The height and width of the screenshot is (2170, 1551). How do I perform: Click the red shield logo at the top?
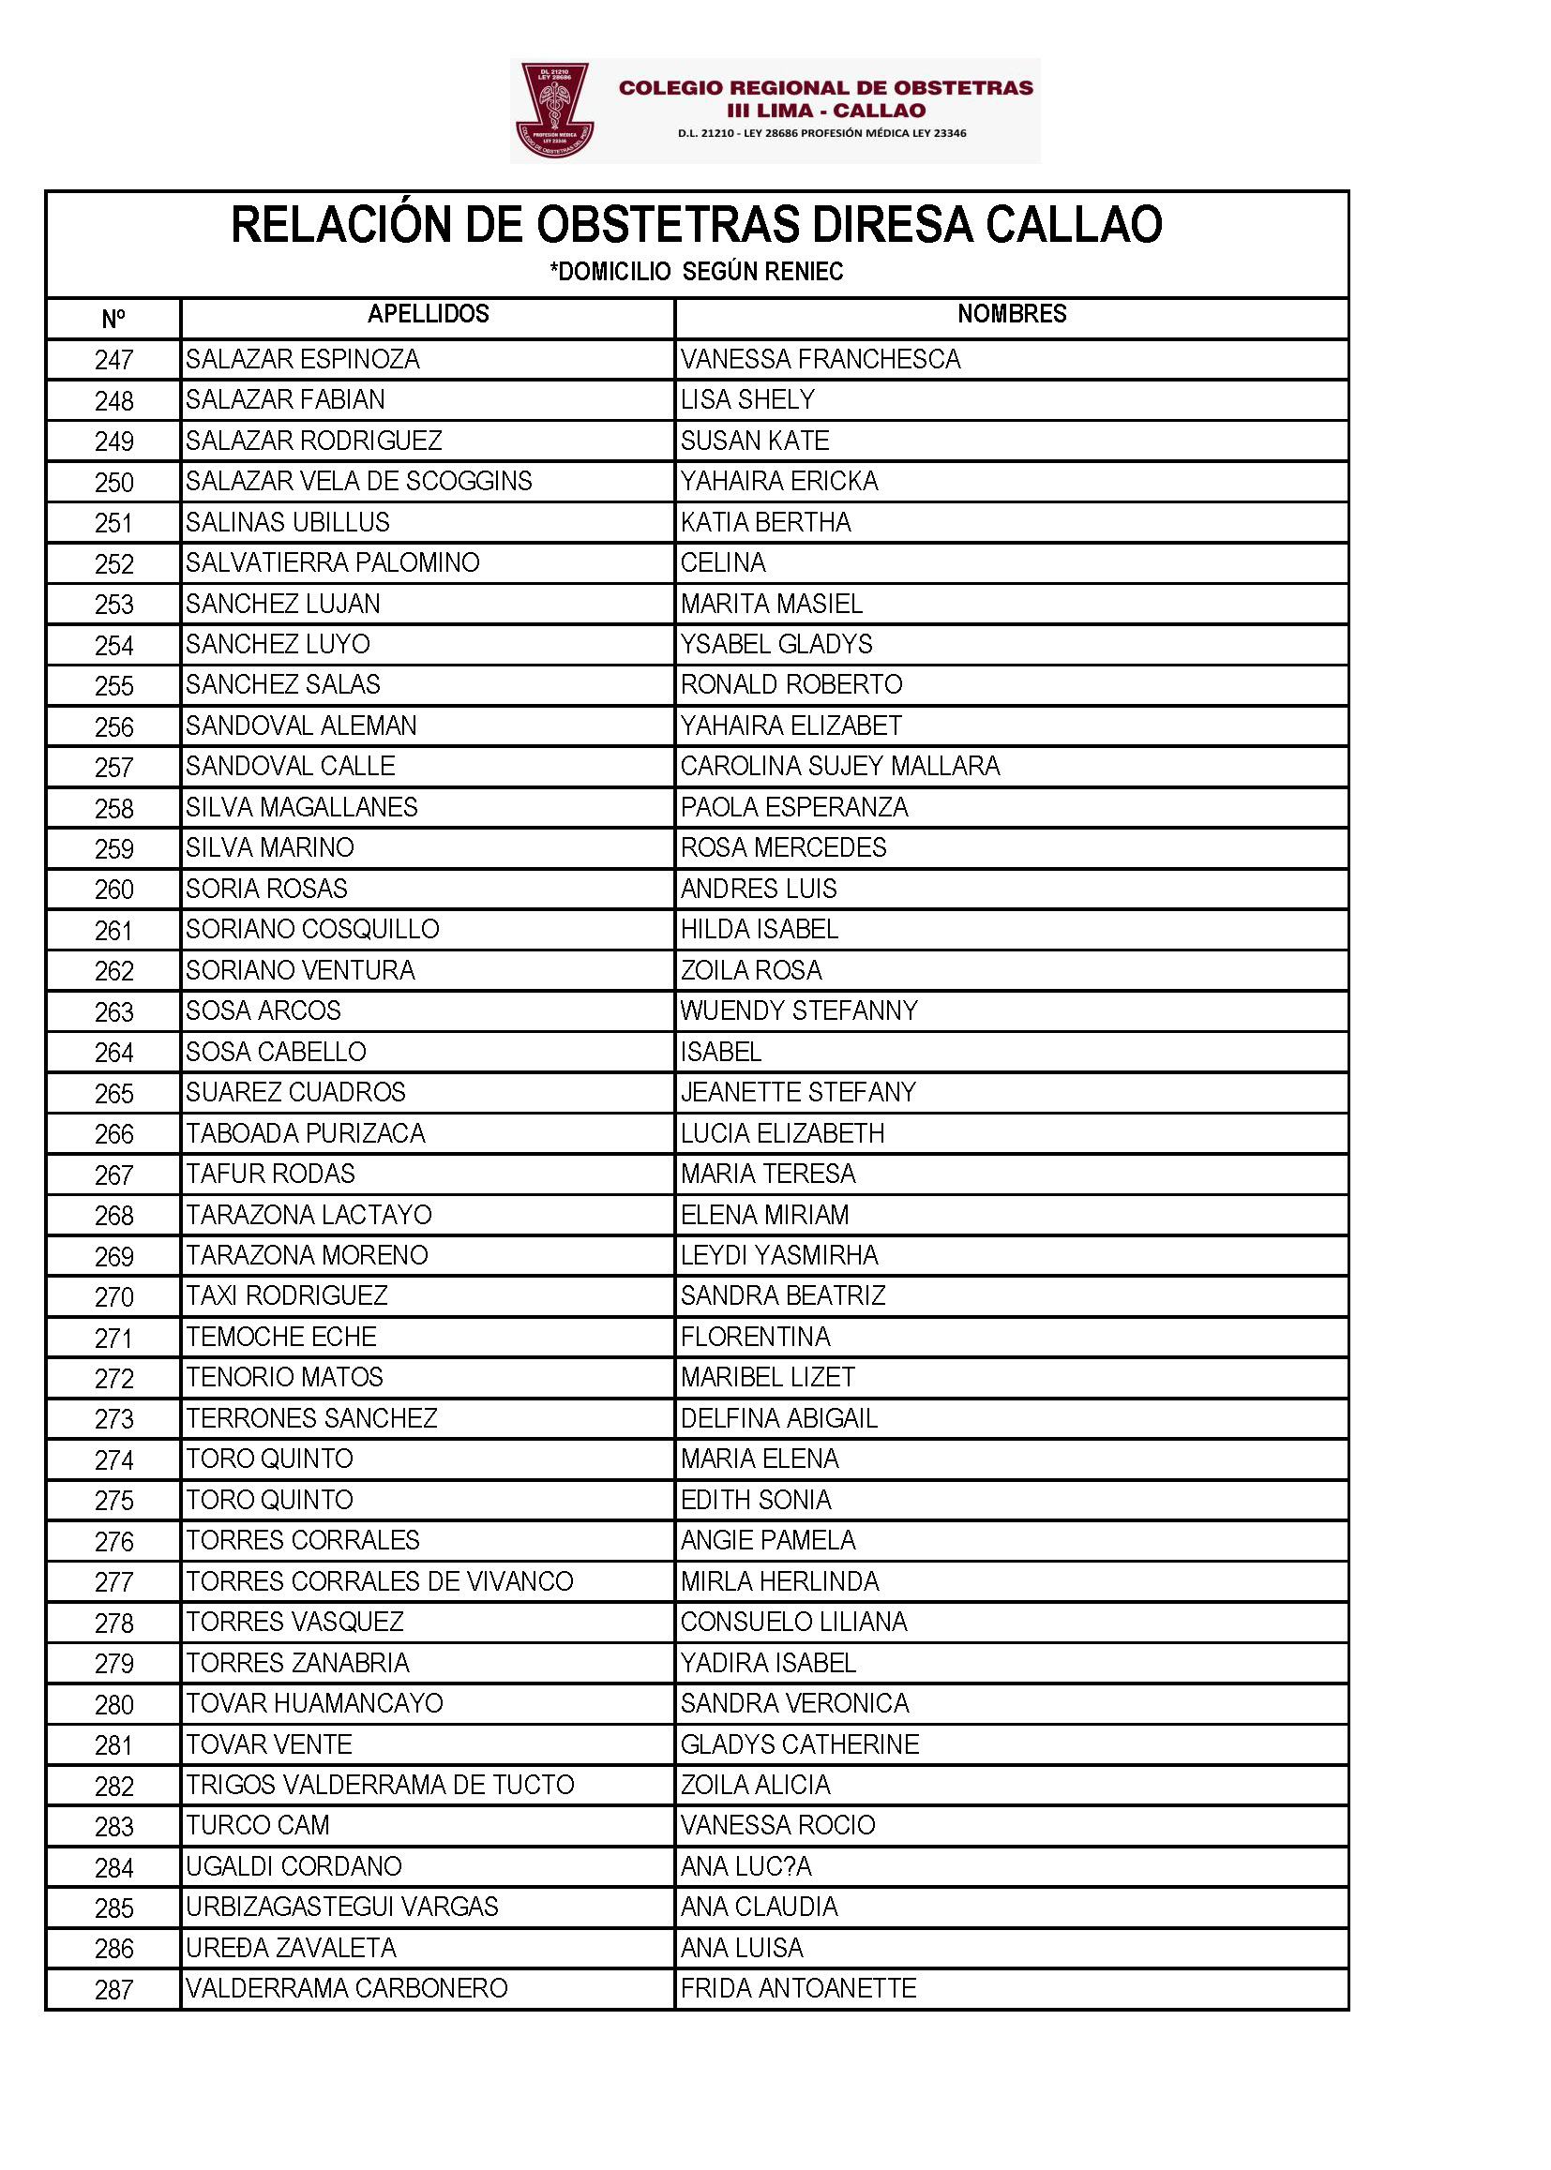point(554,110)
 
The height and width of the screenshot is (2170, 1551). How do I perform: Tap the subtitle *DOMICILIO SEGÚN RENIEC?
point(696,272)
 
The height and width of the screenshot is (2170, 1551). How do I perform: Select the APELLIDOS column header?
point(428,314)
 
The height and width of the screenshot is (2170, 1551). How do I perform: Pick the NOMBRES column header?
point(1012,314)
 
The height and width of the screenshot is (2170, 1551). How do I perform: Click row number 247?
point(113,360)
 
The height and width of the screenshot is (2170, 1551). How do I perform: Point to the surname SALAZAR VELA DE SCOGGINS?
point(359,481)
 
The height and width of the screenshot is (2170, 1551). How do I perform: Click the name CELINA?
point(723,563)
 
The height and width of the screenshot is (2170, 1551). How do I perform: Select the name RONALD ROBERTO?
point(791,684)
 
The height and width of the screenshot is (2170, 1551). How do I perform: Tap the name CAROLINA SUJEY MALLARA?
point(839,766)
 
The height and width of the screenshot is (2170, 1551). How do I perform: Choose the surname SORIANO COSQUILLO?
point(312,929)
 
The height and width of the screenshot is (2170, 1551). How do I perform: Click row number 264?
point(113,1052)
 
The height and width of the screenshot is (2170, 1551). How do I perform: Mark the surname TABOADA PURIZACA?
point(306,1133)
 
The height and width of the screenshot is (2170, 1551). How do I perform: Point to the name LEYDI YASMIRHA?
point(779,1255)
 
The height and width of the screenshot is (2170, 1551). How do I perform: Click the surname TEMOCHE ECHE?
point(280,1337)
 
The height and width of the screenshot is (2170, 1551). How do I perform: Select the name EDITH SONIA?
point(756,1500)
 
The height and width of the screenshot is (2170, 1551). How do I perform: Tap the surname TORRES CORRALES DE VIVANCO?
point(379,1581)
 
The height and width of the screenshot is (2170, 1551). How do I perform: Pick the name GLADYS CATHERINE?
point(799,1744)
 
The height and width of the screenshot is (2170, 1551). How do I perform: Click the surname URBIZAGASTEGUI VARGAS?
point(342,1907)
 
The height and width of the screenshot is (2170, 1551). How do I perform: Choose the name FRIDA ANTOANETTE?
point(798,1988)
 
